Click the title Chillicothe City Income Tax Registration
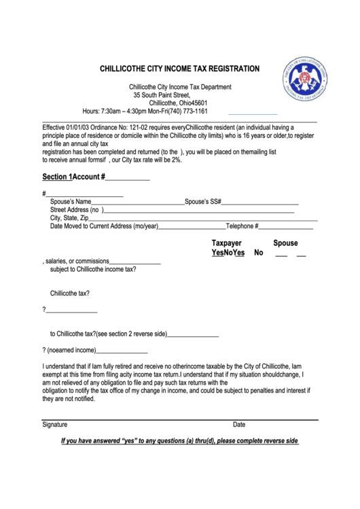pyautogui.click(x=179, y=69)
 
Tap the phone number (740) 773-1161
pyautogui.click(x=184, y=111)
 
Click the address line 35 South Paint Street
pyautogui.click(x=161, y=95)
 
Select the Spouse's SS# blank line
pyautogui.click(x=261, y=203)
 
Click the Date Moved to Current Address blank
pyautogui.click(x=192, y=227)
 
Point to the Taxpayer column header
pyautogui.click(x=227, y=243)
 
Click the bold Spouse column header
pyautogui.click(x=285, y=243)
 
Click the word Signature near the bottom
pyautogui.click(x=55, y=425)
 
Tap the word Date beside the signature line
pyautogui.click(x=239, y=425)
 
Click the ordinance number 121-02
pyautogui.click(x=132, y=127)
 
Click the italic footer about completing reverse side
pyautogui.click(x=179, y=440)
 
